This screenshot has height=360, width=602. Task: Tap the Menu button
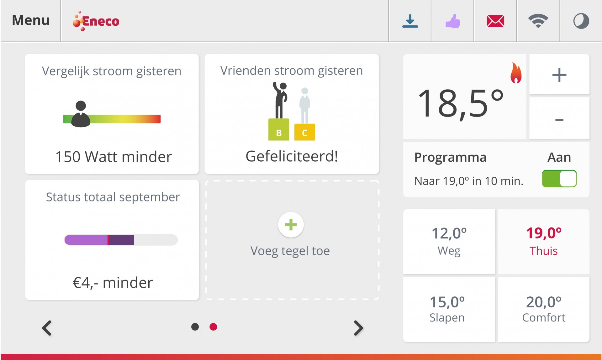point(31,21)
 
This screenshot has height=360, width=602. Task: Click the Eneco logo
point(96,21)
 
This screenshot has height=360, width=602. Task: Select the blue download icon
point(410,21)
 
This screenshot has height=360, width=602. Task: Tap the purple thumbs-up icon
point(453,21)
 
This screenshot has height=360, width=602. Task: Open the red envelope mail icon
point(495,21)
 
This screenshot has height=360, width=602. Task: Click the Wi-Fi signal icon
point(538,21)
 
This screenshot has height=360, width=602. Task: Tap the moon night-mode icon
point(581,21)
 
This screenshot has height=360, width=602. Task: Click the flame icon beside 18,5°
point(516,73)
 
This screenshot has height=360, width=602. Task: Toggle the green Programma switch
point(559,179)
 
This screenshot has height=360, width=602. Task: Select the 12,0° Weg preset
point(449,242)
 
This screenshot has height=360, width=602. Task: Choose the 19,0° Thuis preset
point(544,242)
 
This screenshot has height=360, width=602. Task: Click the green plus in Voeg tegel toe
point(291,225)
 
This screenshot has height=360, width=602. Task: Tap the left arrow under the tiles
point(47,328)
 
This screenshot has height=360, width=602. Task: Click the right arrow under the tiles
point(358,328)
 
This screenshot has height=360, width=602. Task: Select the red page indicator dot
point(213,327)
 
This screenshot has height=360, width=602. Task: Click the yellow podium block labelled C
point(304,132)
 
